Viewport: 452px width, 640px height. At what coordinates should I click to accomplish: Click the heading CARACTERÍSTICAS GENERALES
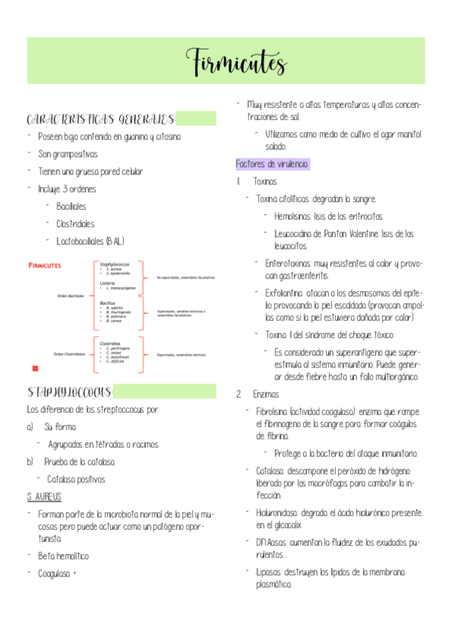[x=101, y=119]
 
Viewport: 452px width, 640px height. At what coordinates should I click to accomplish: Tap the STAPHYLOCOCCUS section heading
[x=69, y=392]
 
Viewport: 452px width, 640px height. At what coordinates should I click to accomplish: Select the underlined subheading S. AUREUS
[x=44, y=497]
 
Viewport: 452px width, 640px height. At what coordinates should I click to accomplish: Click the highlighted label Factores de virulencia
[x=272, y=164]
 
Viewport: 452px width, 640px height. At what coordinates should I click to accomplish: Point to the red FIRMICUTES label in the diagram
[x=45, y=266]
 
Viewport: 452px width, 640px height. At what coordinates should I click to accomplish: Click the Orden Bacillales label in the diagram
[x=70, y=295]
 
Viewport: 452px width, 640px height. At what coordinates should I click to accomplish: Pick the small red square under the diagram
[x=35, y=368]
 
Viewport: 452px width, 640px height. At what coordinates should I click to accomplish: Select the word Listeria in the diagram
[x=107, y=283]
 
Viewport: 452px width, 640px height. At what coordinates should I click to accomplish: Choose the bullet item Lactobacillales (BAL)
[x=91, y=241]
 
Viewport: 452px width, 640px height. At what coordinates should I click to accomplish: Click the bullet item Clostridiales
[x=75, y=223]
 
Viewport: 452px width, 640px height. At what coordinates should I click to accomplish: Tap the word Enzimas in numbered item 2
[x=266, y=393]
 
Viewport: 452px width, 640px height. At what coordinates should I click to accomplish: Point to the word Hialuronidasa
[x=280, y=512]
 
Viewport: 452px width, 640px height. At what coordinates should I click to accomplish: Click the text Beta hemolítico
[x=63, y=555]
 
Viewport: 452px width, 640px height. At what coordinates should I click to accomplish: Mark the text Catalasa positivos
[x=76, y=478]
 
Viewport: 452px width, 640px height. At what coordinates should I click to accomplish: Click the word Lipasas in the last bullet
[x=269, y=571]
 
